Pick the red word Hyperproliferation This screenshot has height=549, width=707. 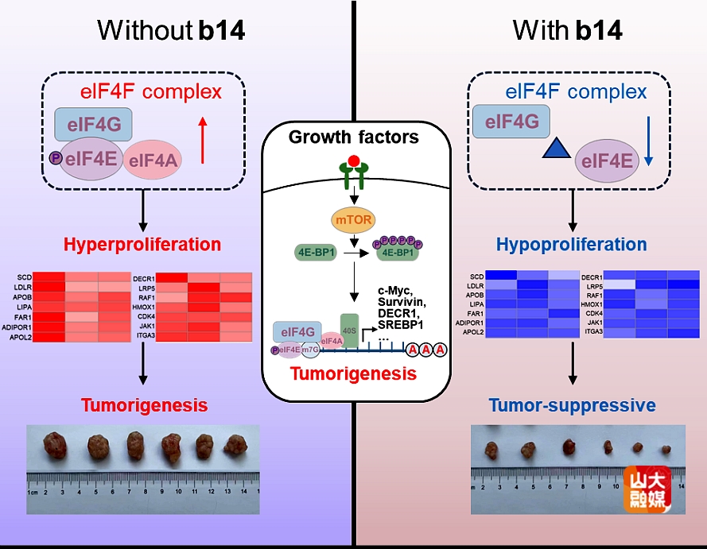tap(143, 243)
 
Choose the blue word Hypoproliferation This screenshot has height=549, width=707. tap(573, 243)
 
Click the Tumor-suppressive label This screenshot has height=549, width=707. tap(573, 405)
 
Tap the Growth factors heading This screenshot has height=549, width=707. tap(353, 137)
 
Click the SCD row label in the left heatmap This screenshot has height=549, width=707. tap(25, 276)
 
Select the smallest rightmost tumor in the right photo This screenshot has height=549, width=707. tap(666, 451)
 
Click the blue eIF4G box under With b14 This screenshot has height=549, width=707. tap(511, 122)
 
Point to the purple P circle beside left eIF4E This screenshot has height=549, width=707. tap(56, 157)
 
